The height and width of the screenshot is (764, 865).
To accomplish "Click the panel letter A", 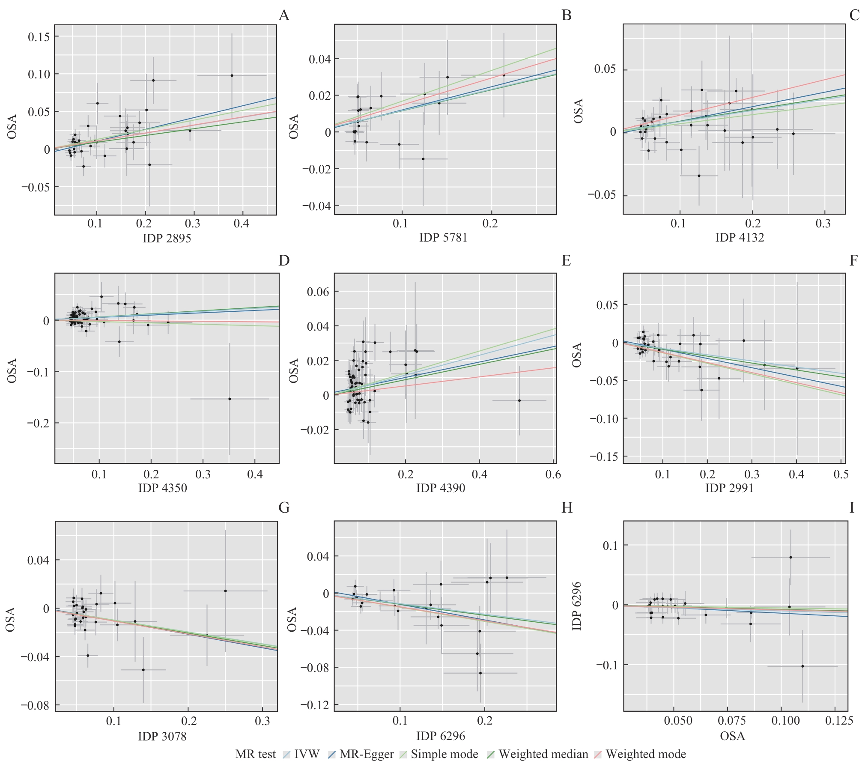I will point(284,15).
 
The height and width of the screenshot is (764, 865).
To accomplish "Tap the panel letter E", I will point(566,260).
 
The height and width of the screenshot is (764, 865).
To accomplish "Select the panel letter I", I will point(852,507).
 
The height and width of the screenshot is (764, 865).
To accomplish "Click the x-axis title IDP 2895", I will point(167,238).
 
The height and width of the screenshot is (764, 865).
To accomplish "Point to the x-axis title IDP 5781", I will point(443,237).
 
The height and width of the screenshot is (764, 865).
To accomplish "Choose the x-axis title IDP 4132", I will point(740,237).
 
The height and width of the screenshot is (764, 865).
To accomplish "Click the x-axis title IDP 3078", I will point(162,736).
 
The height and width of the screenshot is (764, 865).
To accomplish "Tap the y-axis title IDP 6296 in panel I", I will point(577,606).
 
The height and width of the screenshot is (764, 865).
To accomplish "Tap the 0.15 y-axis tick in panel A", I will point(39,37).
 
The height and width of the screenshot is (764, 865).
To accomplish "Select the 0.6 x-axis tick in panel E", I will point(553,474).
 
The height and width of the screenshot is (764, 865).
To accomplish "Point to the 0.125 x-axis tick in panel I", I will point(839,721).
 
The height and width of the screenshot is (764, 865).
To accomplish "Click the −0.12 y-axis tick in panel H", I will point(314,705).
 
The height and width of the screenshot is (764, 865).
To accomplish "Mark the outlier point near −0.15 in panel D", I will point(230,399).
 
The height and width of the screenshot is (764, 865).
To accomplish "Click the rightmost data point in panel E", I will point(519,400).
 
